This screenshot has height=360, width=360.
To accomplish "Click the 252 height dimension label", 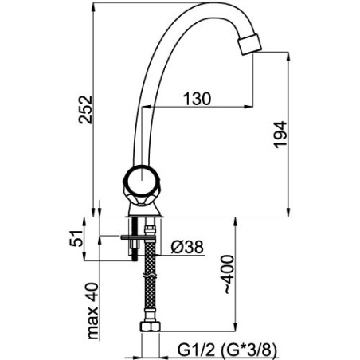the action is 85,109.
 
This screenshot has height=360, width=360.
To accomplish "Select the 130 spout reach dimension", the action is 197,99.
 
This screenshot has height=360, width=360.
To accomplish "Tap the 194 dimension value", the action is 280,135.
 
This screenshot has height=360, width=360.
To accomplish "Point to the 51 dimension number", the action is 76,238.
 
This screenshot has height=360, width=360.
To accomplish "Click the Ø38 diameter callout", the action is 187,247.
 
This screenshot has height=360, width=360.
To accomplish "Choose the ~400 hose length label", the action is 228,275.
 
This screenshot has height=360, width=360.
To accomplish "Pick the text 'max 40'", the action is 92,311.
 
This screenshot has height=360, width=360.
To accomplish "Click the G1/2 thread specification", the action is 196,350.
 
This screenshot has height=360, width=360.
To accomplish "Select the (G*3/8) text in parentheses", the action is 248,350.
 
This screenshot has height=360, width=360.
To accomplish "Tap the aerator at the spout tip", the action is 250,44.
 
